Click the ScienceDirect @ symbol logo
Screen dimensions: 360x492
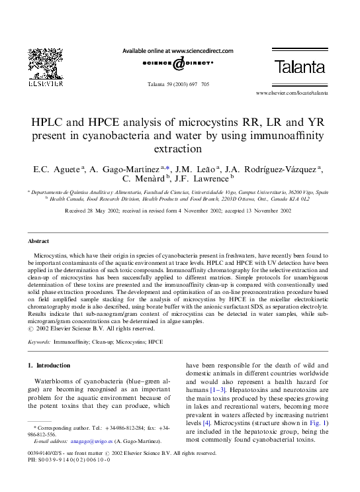[x=179, y=64]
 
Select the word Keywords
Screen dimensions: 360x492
[x=38, y=342]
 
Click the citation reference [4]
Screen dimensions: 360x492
[x=206, y=421]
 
